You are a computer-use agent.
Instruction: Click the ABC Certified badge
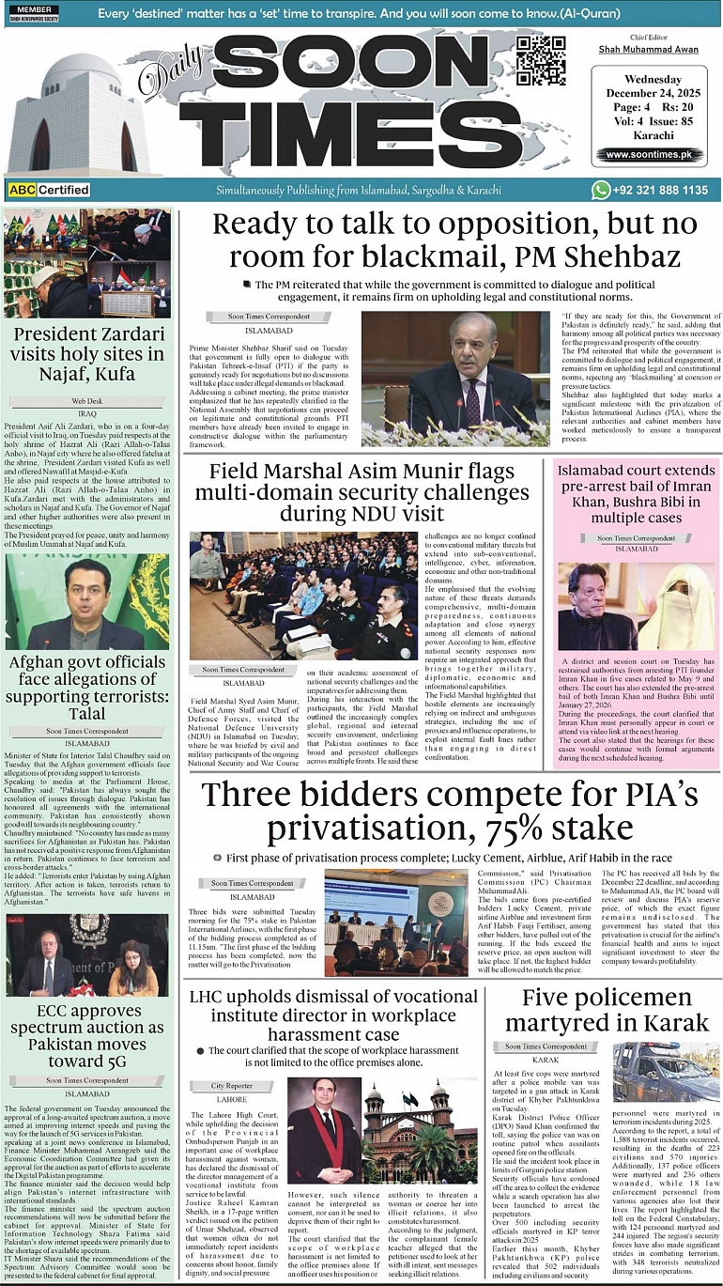pos(49,190)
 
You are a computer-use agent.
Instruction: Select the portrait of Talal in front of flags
pos(87,602)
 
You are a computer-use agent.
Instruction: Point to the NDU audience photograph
pos(303,596)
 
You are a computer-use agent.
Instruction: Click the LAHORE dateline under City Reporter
pos(232,1099)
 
